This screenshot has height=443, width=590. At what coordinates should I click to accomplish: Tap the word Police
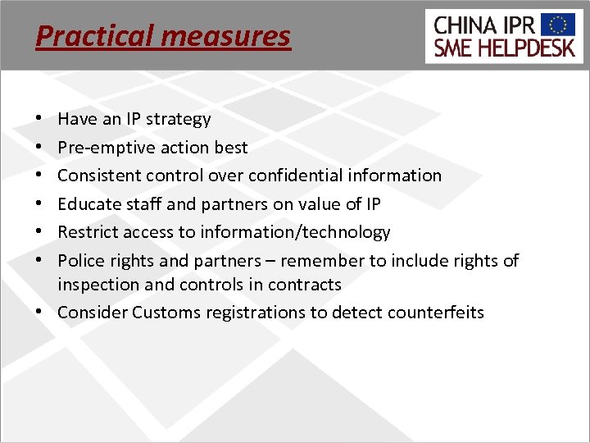(x=80, y=260)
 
